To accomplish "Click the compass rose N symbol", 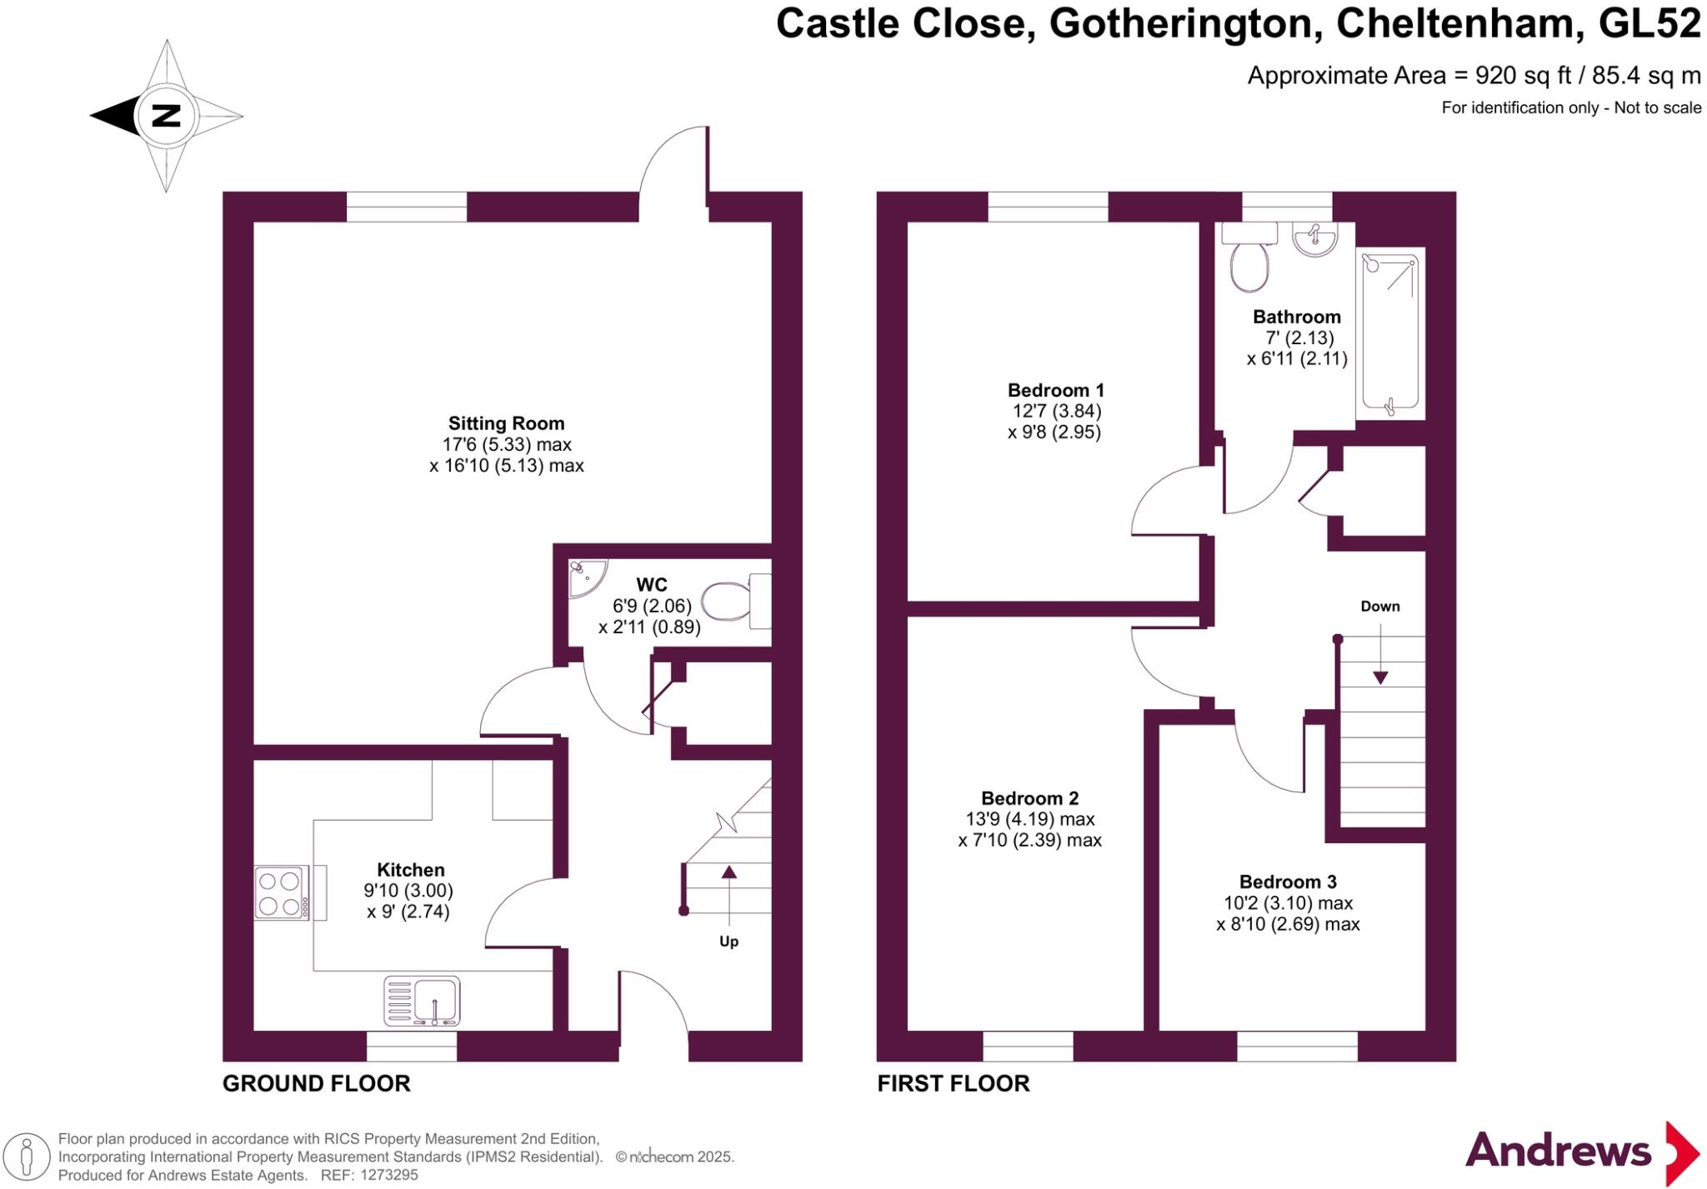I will coord(167,115).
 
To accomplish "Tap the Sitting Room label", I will coord(506,423).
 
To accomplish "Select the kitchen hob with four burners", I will coord(281,893).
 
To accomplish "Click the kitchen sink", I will coord(423,1000).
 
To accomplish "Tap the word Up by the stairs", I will coord(728,942).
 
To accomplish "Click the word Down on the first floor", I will coord(1380,607).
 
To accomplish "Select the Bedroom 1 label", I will coord(1055,390).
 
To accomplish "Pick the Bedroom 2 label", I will coord(1029,798).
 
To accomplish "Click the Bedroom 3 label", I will coord(1288,882).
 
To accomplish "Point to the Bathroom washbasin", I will coord(1314,238).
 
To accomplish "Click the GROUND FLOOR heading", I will coord(317,1083).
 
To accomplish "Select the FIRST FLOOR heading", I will coord(954,1083).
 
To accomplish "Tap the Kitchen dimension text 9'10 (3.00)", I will coord(408,891).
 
